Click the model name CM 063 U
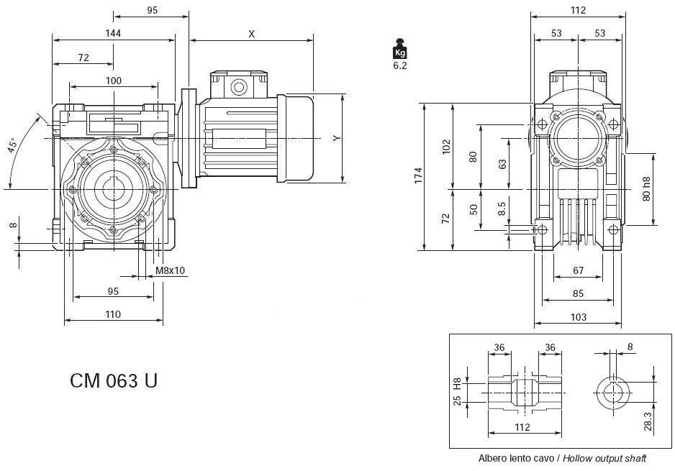tap(114, 380)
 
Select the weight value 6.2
tap(400, 65)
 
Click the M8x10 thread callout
tap(171, 270)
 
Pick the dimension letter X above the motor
tap(251, 34)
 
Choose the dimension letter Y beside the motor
tap(336, 137)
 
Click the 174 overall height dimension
tap(419, 176)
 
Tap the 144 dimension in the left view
tap(113, 33)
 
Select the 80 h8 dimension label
tap(647, 188)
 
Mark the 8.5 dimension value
tap(502, 210)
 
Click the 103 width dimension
tap(578, 316)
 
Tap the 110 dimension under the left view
tap(113, 314)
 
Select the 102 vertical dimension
tap(446, 146)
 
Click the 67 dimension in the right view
tap(578, 271)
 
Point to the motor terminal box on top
tap(238, 84)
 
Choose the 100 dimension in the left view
tap(113, 81)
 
